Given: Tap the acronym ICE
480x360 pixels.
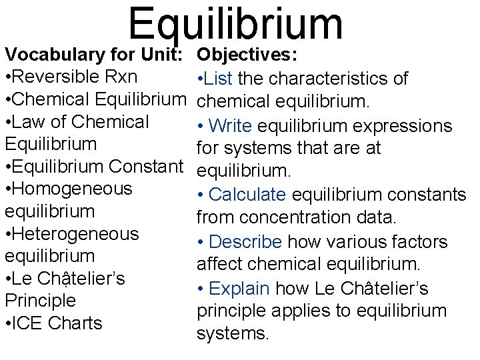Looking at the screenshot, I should click(29, 323).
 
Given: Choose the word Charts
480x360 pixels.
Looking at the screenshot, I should click(76, 323).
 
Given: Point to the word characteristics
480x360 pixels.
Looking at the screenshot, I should click(346, 79).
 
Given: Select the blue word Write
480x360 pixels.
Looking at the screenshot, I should click(230, 126).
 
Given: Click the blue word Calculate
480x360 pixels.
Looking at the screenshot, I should click(247, 195).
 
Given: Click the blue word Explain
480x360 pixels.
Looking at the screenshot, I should click(239, 289).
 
